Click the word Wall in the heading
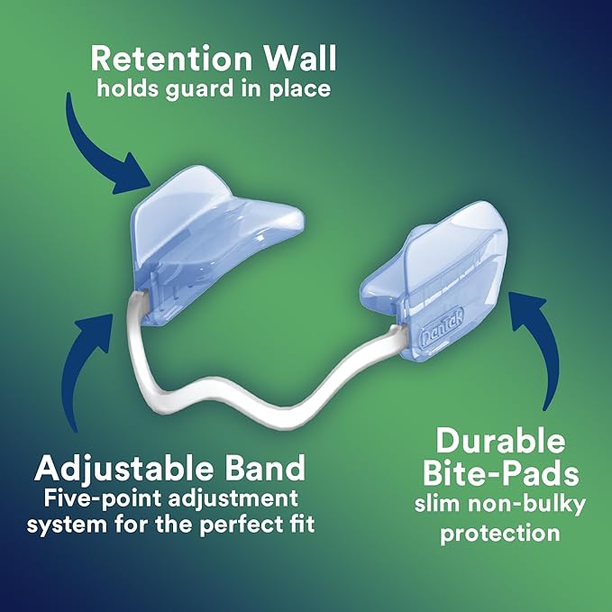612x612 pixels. [x=292, y=59]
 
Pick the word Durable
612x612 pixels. [x=501, y=442]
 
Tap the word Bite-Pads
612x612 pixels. [x=501, y=476]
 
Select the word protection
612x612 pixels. [x=501, y=533]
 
